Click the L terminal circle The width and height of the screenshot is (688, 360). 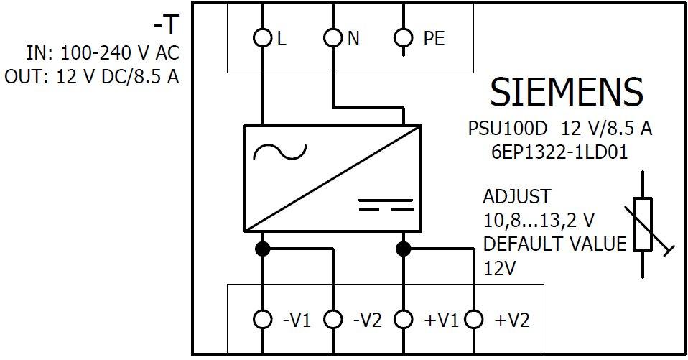point(264,39)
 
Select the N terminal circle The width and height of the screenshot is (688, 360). point(333,39)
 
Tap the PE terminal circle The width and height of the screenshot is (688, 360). point(404,39)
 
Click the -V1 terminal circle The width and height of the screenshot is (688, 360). point(264,319)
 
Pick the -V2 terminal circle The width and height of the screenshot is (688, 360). point(333,319)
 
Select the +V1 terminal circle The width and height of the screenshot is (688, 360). point(404,319)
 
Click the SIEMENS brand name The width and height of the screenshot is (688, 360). point(566,92)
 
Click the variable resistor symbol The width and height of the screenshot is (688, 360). point(643,224)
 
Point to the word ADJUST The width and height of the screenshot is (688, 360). point(517,196)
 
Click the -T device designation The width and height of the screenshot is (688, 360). point(165,26)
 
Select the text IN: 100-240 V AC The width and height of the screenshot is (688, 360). point(103,53)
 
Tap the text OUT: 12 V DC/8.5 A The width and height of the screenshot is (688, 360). point(92,77)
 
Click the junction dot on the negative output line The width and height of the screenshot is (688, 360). point(264,249)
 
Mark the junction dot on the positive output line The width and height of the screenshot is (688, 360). point(404,249)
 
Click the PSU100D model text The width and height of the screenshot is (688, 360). point(507,129)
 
